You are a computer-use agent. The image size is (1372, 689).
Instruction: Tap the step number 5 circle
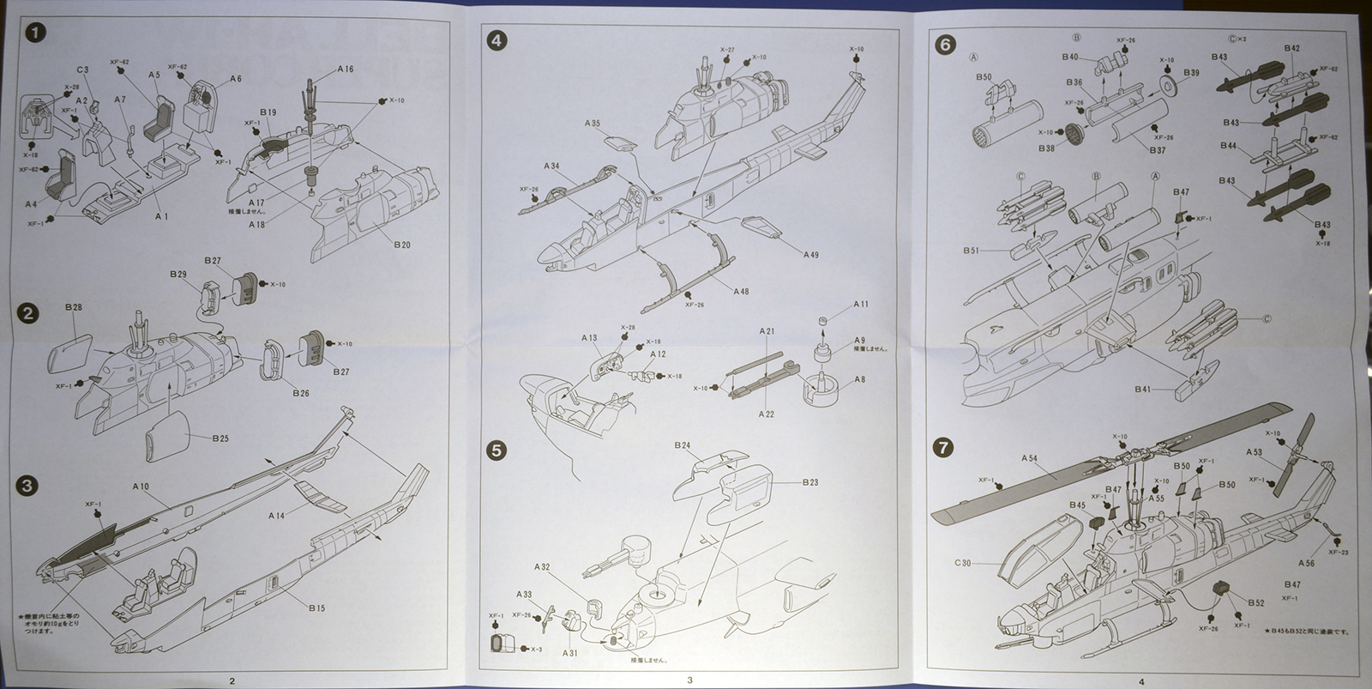pos(496,450)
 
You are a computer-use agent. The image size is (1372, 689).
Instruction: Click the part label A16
pos(345,70)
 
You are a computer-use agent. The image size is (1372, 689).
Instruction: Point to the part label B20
pos(402,245)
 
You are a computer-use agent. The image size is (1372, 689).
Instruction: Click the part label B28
pos(74,307)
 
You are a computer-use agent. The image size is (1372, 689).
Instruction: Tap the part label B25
pos(220,439)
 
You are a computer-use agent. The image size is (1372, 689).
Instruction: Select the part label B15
pos(316,609)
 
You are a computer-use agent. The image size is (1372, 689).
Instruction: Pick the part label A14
pos(276,517)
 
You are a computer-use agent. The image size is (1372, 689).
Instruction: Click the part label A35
pos(592,124)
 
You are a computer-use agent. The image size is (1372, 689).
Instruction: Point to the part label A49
pos(811,255)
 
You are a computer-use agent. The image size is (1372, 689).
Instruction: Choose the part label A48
pos(741,292)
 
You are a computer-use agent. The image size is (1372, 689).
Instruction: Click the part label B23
pos(810,483)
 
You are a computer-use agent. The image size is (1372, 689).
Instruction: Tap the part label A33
pos(524,595)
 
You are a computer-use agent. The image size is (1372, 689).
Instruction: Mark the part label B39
pos(1191,74)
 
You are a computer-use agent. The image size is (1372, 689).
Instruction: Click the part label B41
pos(1143,390)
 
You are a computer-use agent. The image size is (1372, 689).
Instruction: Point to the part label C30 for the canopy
pos(963,564)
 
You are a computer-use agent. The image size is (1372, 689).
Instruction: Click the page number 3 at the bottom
pos(689,681)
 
